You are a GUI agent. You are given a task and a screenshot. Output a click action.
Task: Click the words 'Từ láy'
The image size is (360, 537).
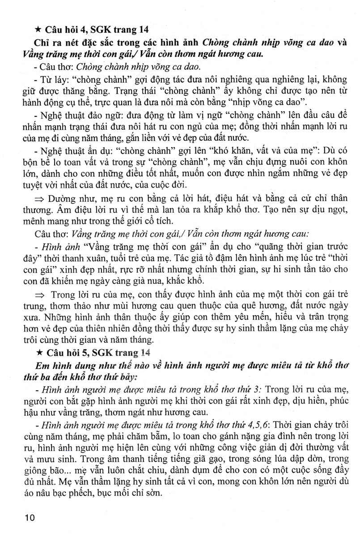pyautogui.click(x=47, y=80)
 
